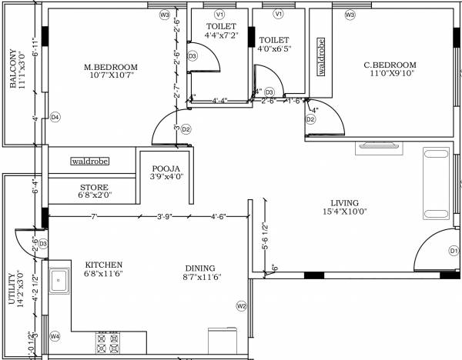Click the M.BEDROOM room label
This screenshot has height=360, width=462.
point(108,67)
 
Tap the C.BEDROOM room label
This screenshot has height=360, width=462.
point(390,65)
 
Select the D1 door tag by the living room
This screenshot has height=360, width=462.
point(454,251)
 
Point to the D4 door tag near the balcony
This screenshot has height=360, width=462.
point(55,118)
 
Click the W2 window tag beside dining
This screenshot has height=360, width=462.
point(241,306)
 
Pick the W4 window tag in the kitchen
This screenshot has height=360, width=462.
point(55,336)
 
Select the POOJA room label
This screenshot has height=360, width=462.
point(166,168)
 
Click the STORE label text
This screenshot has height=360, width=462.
point(94,188)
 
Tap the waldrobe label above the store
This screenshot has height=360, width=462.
point(90,162)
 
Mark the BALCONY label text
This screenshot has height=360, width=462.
point(13,69)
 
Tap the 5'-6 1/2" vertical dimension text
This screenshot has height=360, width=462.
point(263,237)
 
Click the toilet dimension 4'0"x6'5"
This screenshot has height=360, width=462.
point(274,50)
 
